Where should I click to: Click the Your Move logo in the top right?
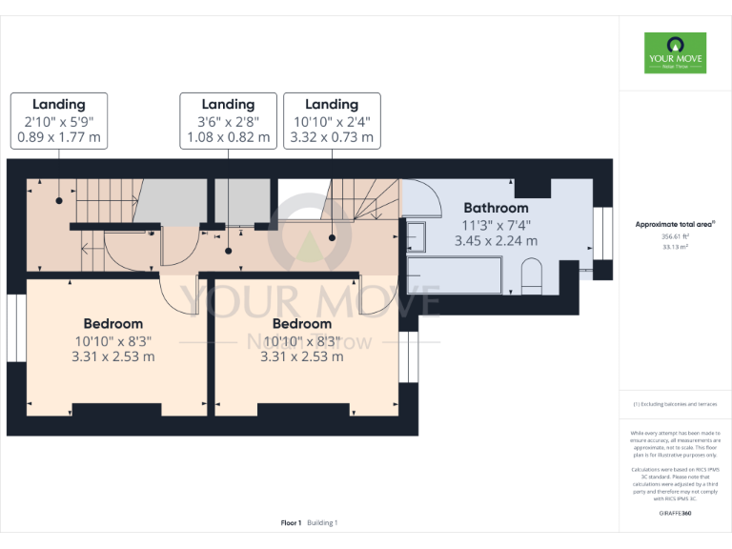pyautogui.click(x=675, y=53)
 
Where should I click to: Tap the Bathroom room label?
pyautogui.click(x=496, y=208)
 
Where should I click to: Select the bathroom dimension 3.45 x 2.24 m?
pyautogui.click(x=496, y=241)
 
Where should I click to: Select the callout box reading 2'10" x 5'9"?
pyautogui.click(x=58, y=121)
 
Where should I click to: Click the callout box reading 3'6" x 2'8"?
pyautogui.click(x=228, y=121)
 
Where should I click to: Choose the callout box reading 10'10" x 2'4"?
pyautogui.click(x=332, y=121)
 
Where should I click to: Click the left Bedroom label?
pyautogui.click(x=112, y=324)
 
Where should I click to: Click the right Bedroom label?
pyautogui.click(x=301, y=324)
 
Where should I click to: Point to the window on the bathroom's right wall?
pyautogui.click(x=601, y=229)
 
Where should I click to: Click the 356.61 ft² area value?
pyautogui.click(x=675, y=236)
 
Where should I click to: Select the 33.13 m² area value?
pyautogui.click(x=675, y=247)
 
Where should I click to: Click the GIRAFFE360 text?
pyautogui.click(x=675, y=514)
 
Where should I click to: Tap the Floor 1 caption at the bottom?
pyautogui.click(x=291, y=522)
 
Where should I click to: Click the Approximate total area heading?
pyautogui.click(x=675, y=224)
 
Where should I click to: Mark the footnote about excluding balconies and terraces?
pyautogui.click(x=675, y=404)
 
